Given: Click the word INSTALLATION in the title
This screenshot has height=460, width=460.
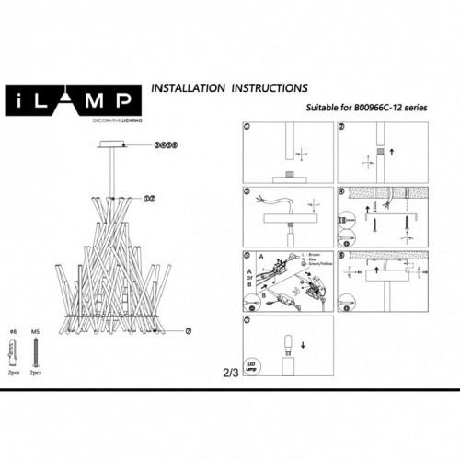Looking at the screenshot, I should pos(188,90).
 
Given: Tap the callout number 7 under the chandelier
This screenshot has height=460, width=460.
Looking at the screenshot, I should pos(188,330).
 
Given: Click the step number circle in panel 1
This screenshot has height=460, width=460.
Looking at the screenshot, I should pos(247,128).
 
